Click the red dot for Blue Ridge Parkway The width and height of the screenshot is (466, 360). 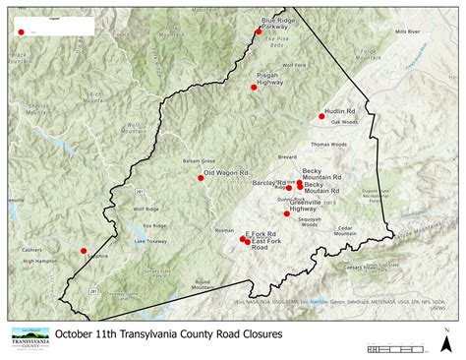[259, 31]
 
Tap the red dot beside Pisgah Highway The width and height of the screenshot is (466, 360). [254, 88]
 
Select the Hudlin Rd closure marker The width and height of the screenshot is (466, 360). [321, 116]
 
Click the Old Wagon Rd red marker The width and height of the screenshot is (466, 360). [200, 177]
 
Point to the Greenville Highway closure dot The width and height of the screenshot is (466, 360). [286, 213]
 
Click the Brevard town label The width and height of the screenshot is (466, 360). [287, 157]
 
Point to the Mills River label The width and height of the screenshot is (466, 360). [408, 31]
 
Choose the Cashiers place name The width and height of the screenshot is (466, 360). [30, 250]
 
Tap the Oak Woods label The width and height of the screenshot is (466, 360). [341, 122]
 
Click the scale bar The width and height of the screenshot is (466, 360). [399, 348]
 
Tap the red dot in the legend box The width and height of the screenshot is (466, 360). [21, 31]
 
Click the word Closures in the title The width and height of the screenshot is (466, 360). [246, 335]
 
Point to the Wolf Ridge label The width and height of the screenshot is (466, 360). [146, 209]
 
